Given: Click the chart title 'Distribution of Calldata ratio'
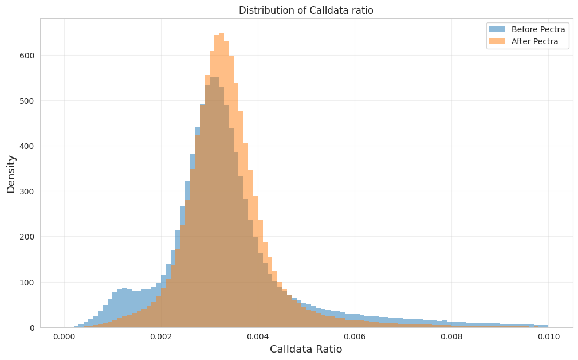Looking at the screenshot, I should pyautogui.click(x=306, y=10).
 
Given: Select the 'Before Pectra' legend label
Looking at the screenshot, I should pyautogui.click(x=538, y=29).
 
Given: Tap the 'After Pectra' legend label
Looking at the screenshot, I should pyautogui.click(x=534, y=41).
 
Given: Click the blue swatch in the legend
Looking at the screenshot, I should pyautogui.click(x=497, y=29).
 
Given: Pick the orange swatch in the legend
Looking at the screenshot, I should pyautogui.click(x=497, y=41).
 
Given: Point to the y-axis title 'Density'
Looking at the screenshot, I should pyautogui.click(x=11, y=174).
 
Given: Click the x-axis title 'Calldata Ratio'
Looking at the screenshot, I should pyautogui.click(x=306, y=349).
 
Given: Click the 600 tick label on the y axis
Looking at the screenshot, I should pyautogui.click(x=27, y=56).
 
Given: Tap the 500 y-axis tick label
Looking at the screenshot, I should pyautogui.click(x=27, y=101).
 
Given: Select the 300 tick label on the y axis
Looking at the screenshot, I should pyautogui.click(x=27, y=191).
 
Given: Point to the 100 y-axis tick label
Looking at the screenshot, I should pyautogui.click(x=27, y=282).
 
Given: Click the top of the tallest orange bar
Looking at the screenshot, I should pyautogui.click(x=222, y=33).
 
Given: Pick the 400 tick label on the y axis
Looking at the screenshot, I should pyautogui.click(x=27, y=146).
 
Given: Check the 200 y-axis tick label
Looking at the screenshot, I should pyautogui.click(x=27, y=237).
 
